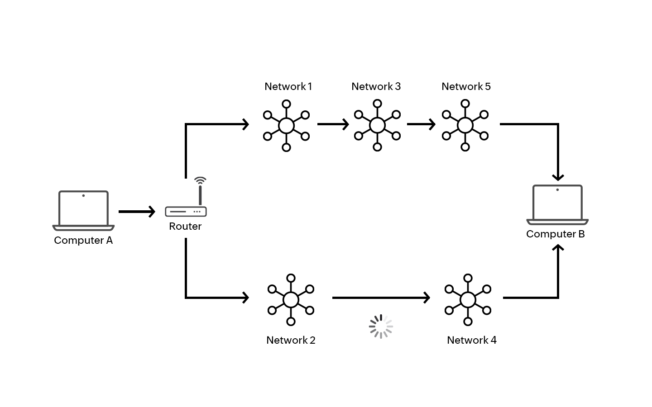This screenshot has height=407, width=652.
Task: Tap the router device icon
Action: tap(186, 211)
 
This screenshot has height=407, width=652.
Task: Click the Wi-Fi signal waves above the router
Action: tap(200, 180)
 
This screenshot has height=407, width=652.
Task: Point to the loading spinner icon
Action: tap(381, 327)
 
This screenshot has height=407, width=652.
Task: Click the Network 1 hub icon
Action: tap(286, 125)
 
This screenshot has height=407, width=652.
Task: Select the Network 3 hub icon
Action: tap(377, 125)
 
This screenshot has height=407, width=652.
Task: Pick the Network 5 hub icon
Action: tap(465, 125)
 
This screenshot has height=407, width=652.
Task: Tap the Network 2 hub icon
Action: tap(291, 299)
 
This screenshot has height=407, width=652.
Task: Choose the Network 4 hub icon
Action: tap(468, 299)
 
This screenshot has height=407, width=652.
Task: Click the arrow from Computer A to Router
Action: tap(137, 211)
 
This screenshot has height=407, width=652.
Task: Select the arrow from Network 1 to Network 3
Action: tap(333, 124)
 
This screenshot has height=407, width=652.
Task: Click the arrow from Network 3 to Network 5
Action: tap(421, 124)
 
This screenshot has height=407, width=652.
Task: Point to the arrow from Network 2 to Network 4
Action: tap(381, 298)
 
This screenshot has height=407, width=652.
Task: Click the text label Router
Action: tap(185, 226)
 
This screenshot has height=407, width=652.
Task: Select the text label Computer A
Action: tap(83, 240)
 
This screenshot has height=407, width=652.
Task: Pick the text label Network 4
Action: tap(471, 340)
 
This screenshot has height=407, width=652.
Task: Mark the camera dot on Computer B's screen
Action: tap(557, 189)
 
